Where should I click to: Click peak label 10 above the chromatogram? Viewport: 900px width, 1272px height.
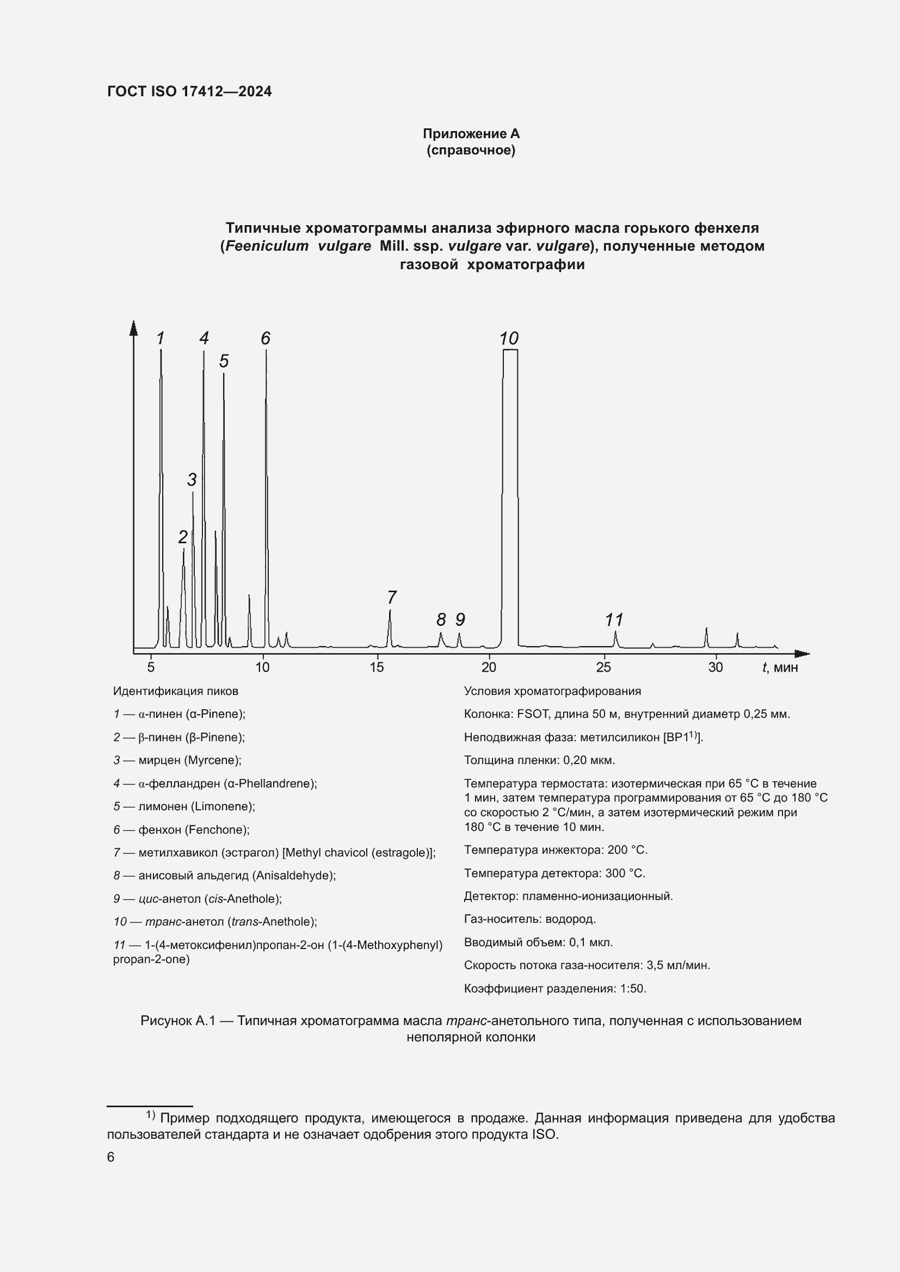pyautogui.click(x=508, y=338)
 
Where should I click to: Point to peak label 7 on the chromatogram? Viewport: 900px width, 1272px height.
pyautogui.click(x=391, y=598)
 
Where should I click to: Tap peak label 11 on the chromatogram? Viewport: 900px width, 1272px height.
pyautogui.click(x=614, y=619)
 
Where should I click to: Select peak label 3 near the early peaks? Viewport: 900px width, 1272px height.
pyautogui.click(x=192, y=479)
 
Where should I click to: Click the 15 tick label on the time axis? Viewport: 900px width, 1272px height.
pyautogui.click(x=377, y=667)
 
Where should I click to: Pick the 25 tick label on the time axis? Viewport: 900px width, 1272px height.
pyautogui.click(x=603, y=667)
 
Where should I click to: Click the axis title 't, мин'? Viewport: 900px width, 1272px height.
pyautogui.click(x=780, y=667)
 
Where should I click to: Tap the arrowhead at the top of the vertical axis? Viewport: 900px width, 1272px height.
pyautogui.click(x=133, y=328)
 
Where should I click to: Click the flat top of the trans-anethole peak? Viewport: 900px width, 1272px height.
pyautogui.click(x=510, y=350)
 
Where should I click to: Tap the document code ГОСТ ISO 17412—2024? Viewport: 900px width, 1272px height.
pyautogui.click(x=189, y=92)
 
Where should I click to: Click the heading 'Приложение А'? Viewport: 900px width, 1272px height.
pyautogui.click(x=471, y=134)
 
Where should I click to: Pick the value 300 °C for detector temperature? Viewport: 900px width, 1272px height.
pyautogui.click(x=625, y=873)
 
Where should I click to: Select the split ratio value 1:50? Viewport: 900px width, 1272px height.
pyautogui.click(x=633, y=988)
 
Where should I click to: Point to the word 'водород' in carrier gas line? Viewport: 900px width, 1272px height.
pyautogui.click(x=570, y=919)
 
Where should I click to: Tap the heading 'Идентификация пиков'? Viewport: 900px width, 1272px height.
pyautogui.click(x=176, y=691)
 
